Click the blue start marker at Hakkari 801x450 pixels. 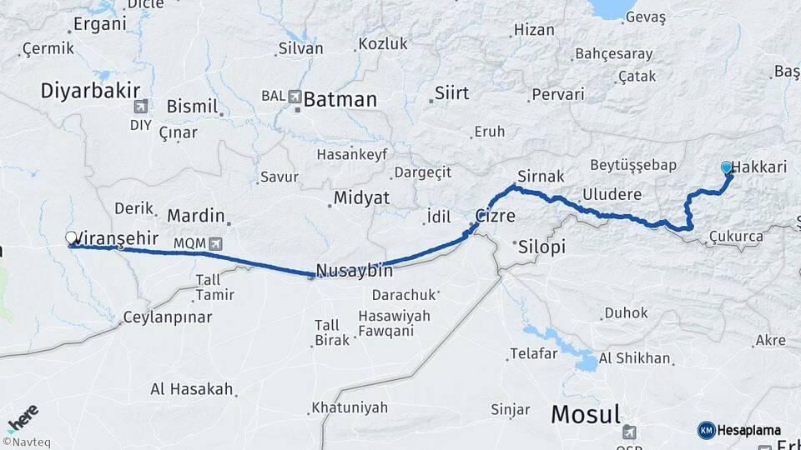coord(727,167)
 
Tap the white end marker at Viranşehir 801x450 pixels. coord(71,238)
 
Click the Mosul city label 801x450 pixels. coord(585,414)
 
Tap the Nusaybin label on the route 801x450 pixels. coord(355,271)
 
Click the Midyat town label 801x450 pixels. coord(361,198)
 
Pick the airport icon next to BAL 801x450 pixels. coord(295,97)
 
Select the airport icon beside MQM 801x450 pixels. coord(217,243)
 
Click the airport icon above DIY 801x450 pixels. coord(141,107)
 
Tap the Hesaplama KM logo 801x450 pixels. coord(739,430)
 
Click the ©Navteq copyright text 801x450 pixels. coord(26,442)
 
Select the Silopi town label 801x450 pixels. coord(542,247)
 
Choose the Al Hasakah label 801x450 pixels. coord(191,389)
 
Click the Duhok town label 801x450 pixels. coord(622,313)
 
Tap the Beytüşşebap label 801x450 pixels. coord(632,164)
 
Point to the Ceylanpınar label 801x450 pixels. coord(167,317)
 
